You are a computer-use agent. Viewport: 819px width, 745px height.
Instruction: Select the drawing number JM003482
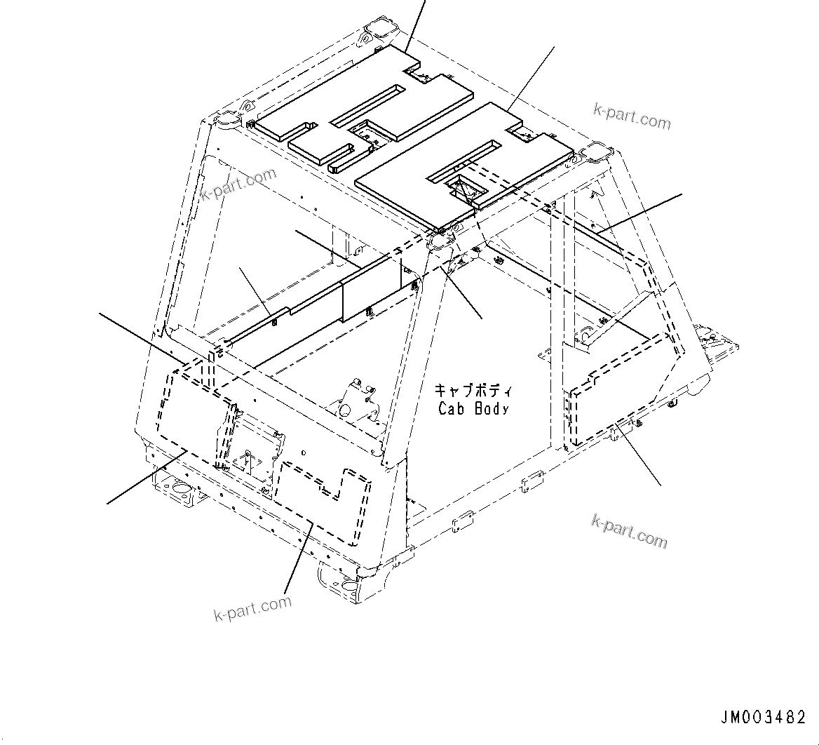point(762,718)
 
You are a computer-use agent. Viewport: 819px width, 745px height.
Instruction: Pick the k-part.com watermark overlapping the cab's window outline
point(238,184)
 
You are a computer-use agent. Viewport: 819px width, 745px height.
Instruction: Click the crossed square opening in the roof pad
point(462,188)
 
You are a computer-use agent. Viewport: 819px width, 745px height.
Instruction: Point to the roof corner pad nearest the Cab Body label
point(440,239)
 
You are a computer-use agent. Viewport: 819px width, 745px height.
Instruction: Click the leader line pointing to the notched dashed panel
point(298,558)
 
